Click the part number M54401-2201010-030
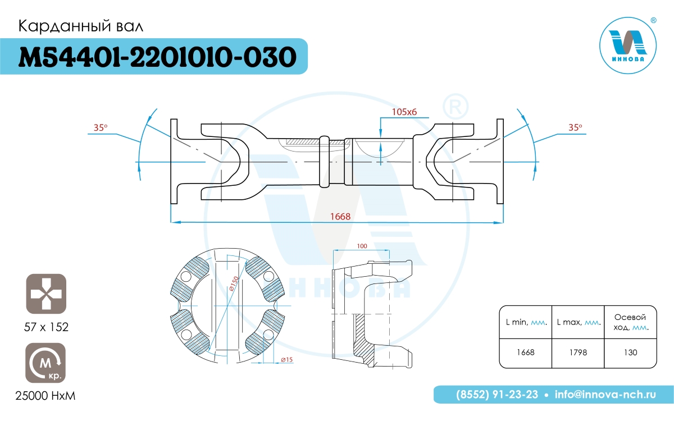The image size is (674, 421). (x=157, y=57)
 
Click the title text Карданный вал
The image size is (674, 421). (x=81, y=26)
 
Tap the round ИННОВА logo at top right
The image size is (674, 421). (x=628, y=45)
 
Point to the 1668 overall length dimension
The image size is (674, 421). (x=340, y=217)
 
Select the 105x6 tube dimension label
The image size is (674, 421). (x=404, y=112)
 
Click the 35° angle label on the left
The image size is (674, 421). (x=101, y=127)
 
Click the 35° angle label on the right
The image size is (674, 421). (x=575, y=127)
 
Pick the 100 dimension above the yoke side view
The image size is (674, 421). (x=362, y=246)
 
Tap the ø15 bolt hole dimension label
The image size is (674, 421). (x=287, y=359)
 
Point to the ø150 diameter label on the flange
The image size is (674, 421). (x=234, y=283)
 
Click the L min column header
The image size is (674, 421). (x=526, y=322)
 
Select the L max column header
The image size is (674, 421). (x=579, y=322)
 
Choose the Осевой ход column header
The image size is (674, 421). (x=631, y=322)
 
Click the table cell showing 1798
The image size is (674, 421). (x=578, y=353)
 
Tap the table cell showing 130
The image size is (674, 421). (x=631, y=353)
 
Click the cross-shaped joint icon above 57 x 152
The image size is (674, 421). (x=46, y=294)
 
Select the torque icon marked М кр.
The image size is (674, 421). (x=45, y=363)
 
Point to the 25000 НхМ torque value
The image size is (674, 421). (x=45, y=396)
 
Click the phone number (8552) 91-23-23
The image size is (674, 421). (x=497, y=395)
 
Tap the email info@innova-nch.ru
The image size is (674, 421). (x=605, y=395)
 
